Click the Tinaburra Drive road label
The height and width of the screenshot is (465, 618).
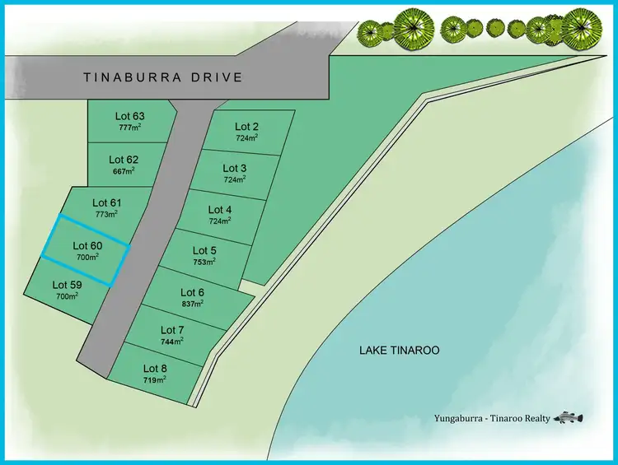click(x=163, y=77)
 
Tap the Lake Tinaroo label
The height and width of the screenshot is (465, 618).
click(x=399, y=351)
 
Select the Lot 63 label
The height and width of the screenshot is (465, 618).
click(x=129, y=116)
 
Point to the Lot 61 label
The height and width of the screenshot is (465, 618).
click(x=107, y=202)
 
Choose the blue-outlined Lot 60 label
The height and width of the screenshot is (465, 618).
click(x=87, y=245)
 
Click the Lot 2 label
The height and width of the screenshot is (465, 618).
click(x=247, y=126)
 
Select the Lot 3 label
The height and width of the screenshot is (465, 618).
click(x=235, y=168)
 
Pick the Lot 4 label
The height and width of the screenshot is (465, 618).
click(x=220, y=209)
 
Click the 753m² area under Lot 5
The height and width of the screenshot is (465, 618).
click(x=204, y=262)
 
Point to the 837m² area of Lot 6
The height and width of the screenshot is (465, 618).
click(x=192, y=303)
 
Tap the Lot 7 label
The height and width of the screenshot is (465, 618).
click(x=172, y=330)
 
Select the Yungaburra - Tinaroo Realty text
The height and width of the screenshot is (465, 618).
click(x=491, y=419)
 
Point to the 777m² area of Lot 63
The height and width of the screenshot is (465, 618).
click(x=129, y=128)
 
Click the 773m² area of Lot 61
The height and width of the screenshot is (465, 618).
click(x=105, y=214)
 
